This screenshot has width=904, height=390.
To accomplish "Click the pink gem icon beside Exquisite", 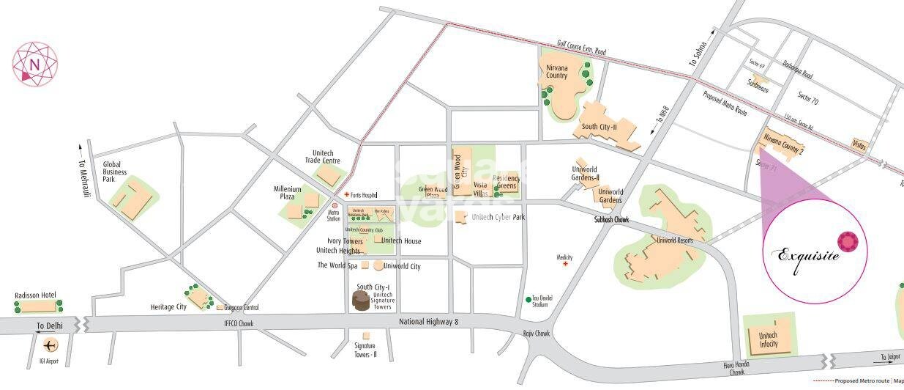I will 848,241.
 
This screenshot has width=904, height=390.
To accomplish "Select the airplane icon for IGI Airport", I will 50,345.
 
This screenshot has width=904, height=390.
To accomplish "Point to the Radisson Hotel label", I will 35,295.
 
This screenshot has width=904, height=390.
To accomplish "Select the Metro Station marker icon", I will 335,206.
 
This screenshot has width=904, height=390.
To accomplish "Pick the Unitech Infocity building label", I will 768,339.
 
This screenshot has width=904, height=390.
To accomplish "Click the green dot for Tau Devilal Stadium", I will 528,299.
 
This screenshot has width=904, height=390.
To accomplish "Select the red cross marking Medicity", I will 564,264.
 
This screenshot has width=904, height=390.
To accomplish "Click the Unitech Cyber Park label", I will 498,217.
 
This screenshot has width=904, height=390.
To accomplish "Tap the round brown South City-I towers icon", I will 361,301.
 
